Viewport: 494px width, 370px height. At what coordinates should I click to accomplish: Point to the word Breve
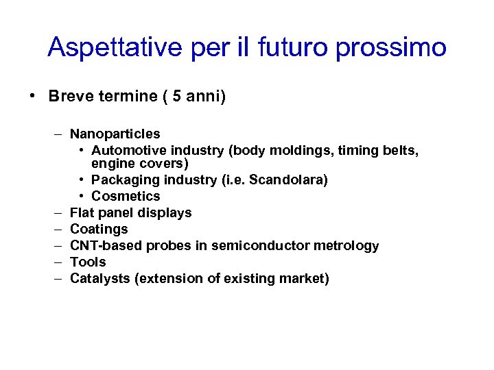(68, 96)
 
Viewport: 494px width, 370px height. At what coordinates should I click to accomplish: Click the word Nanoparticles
(115, 134)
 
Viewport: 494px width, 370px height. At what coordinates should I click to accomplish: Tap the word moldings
(301, 150)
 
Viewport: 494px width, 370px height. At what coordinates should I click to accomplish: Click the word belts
(400, 150)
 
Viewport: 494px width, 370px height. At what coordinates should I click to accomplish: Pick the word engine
(112, 164)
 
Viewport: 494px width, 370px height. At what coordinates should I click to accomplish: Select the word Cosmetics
(126, 197)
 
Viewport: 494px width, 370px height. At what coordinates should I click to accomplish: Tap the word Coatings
(99, 230)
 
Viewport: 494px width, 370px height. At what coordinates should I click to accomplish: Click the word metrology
(348, 246)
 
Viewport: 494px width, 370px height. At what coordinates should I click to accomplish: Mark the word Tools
(88, 262)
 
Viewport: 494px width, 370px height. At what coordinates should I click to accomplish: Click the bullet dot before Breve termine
(33, 96)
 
